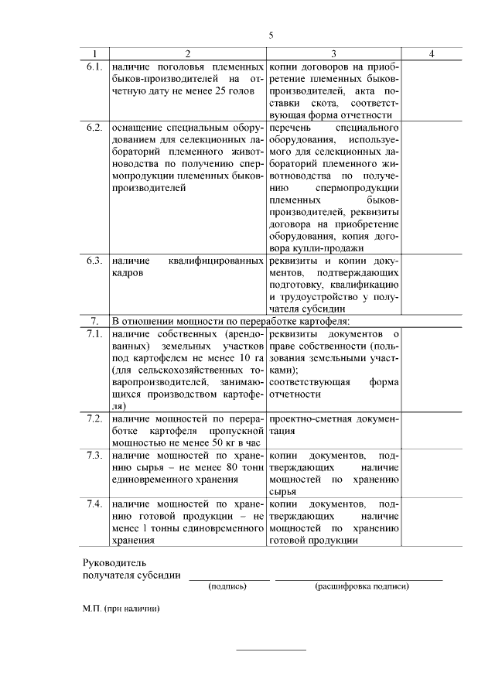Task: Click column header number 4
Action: point(432,53)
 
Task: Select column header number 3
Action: point(333,53)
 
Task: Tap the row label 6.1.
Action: point(94,67)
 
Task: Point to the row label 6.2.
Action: point(94,127)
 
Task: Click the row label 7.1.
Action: point(94,333)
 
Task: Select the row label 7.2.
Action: point(94,418)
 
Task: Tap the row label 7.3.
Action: point(94,455)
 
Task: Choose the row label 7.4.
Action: point(94,504)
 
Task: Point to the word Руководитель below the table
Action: point(114,562)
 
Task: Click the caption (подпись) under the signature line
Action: point(228,586)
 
